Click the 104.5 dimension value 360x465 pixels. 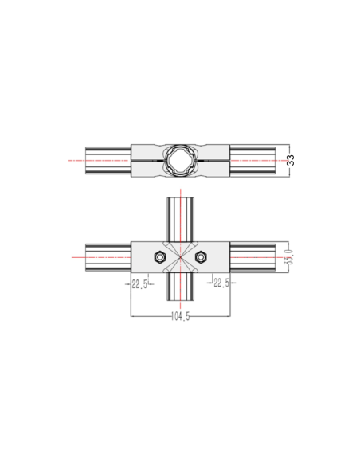coord(180,317)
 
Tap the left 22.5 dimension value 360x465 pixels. coord(139,284)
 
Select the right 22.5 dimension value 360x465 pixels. coord(221,283)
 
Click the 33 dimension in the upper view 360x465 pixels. coord(291,160)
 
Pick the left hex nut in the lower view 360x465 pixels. coord(160,257)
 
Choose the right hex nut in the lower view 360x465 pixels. coord(201,257)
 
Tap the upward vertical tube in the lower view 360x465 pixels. coord(180,220)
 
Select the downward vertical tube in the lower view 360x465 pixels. coord(180,287)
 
